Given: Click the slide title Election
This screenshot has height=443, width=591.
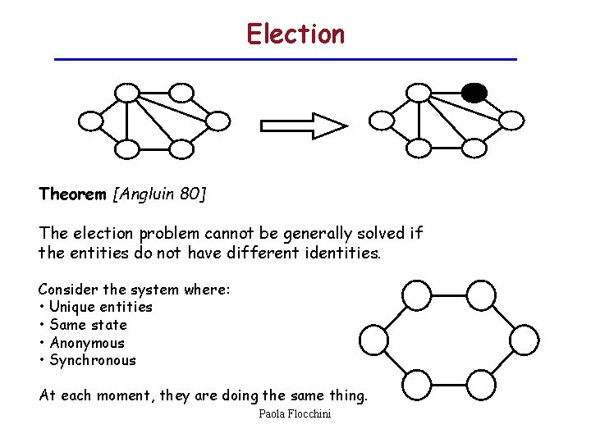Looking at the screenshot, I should click(295, 34).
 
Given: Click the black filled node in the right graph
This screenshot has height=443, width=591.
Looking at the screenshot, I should click(474, 92).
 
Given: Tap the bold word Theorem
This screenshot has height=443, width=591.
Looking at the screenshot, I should click(72, 194).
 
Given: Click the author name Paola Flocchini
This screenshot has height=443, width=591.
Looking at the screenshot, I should click(295, 414).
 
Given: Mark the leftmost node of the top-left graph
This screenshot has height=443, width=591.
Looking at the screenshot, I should click(90, 121).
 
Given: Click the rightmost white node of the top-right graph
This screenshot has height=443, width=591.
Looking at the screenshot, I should click(511, 121).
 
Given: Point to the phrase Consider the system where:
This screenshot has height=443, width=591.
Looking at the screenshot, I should click(134, 289).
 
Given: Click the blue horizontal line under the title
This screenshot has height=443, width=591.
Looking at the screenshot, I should click(285, 60).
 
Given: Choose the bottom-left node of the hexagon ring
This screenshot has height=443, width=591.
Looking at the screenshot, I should click(417, 384).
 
